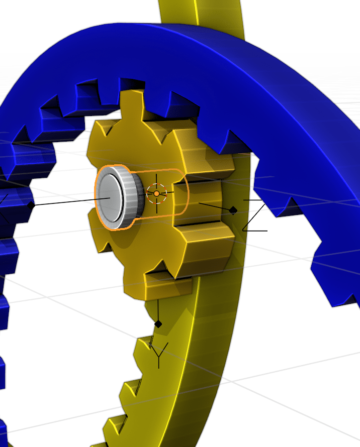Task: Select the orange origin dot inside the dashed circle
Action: pyautogui.click(x=156, y=193)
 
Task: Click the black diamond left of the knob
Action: pyautogui.click(x=31, y=205)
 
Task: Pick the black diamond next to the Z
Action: pyautogui.click(x=233, y=210)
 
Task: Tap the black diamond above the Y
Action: pyautogui.click(x=158, y=324)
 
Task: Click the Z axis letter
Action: pyautogui.click(x=255, y=215)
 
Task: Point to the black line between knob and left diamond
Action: pyautogui.click(x=70, y=202)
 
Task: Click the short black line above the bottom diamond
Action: pyautogui.click(x=158, y=309)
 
